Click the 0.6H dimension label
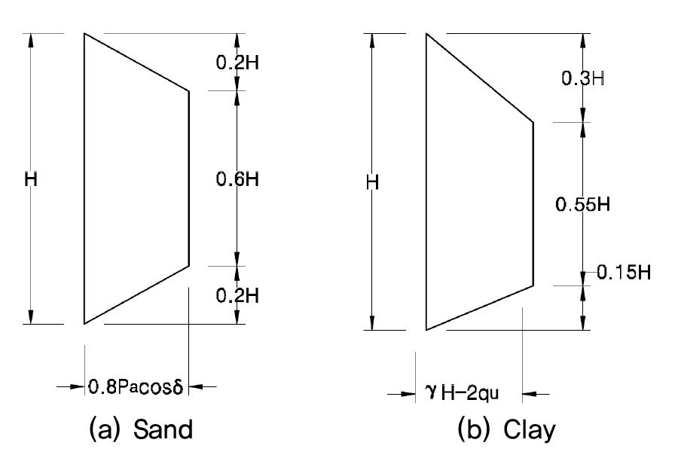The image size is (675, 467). (237, 179)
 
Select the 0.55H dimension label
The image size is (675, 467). (583, 204)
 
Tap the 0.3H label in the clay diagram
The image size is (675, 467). (583, 78)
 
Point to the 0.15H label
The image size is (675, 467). (624, 273)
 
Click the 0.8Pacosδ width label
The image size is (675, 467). (136, 386)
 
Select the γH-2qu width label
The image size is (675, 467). (463, 393)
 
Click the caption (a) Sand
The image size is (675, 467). (141, 429)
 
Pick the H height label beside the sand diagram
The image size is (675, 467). (31, 179)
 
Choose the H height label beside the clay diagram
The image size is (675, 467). (372, 182)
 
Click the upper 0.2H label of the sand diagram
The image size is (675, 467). (237, 63)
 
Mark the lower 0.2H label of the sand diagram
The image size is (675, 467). (237, 296)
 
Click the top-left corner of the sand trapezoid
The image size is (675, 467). (84, 33)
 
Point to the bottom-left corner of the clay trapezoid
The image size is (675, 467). (426, 330)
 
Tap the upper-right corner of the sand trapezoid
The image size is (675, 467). (189, 91)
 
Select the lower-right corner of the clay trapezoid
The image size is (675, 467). (534, 285)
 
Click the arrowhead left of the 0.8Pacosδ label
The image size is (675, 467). (78, 386)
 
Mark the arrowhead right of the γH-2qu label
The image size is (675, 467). (529, 393)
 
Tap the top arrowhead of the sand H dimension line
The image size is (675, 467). (31, 41)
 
